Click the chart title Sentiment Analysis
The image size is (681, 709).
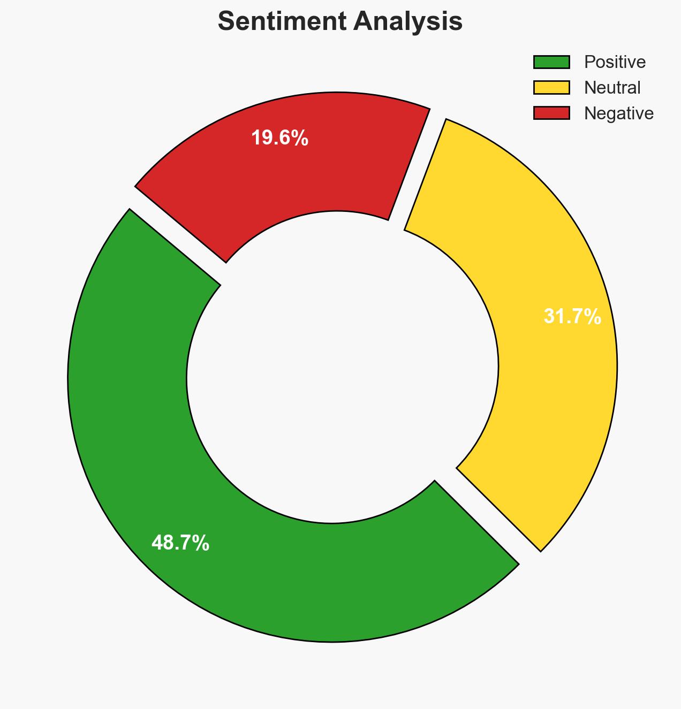(340, 22)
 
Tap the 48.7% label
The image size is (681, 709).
(180, 543)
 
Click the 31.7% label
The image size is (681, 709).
(572, 317)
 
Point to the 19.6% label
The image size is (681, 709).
(279, 138)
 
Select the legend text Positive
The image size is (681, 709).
(615, 62)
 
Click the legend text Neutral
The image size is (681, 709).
(612, 88)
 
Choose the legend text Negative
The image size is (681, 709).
(618, 113)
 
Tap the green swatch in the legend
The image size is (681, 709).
(551, 62)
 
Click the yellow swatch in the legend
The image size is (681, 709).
(551, 88)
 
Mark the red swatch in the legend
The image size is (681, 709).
(551, 113)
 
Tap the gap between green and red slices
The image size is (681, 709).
(177, 235)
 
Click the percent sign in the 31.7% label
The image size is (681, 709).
(593, 317)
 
